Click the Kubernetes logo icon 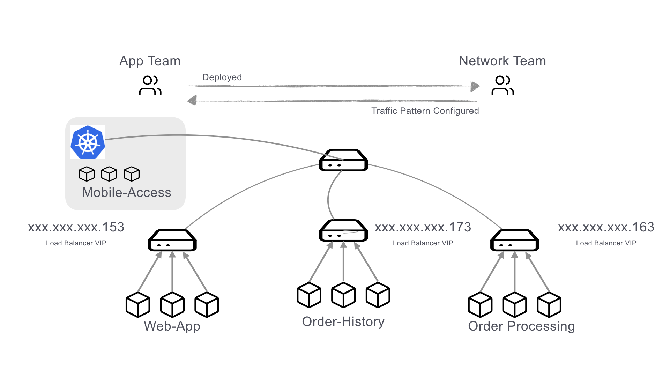[x=88, y=142]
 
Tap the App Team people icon [x=150, y=86]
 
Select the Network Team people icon [x=502, y=86]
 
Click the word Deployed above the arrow [x=222, y=77]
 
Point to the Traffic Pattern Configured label [x=425, y=111]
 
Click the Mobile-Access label [x=126, y=192]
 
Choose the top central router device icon [x=343, y=160]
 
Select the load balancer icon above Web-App [x=172, y=240]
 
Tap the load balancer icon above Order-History [x=343, y=231]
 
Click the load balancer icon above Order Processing [x=514, y=240]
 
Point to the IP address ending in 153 [x=76, y=227]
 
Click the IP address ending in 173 [x=423, y=227]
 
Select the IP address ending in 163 [x=606, y=227]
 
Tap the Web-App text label [x=172, y=326]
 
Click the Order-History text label [x=343, y=321]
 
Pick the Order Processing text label [x=521, y=326]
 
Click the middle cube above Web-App [x=172, y=305]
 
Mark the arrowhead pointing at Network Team [x=475, y=86]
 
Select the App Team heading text [x=150, y=61]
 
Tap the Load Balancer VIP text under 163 [x=606, y=243]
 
